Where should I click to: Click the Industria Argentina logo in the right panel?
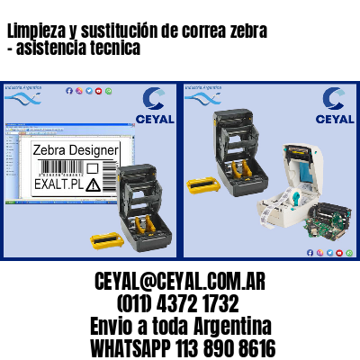pyautogui.click(x=204, y=94)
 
